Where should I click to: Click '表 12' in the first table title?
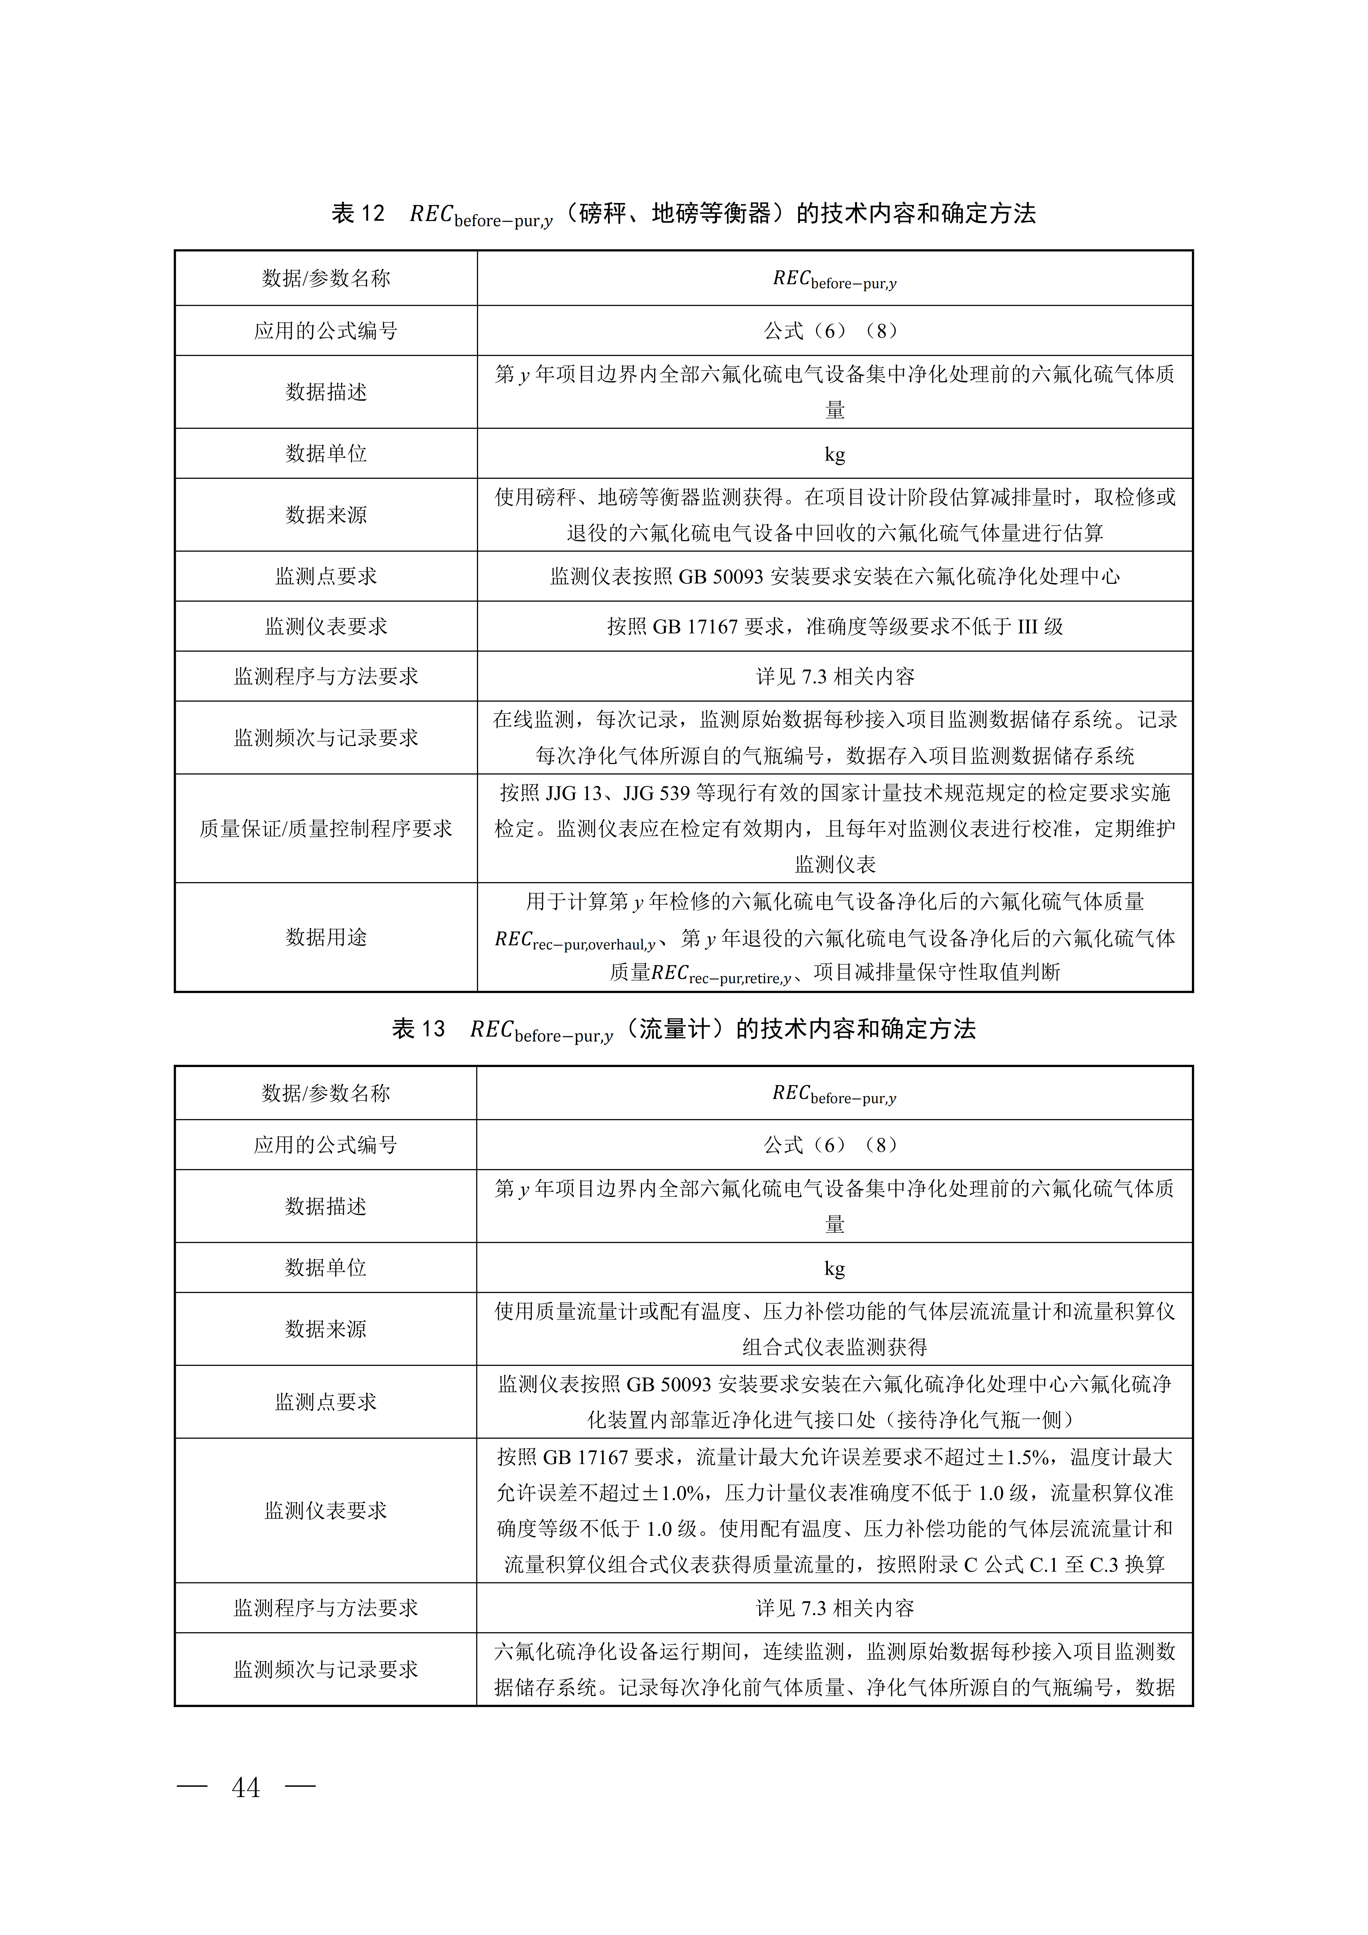pyautogui.click(x=358, y=213)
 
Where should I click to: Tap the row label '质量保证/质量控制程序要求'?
pyautogui.click(x=326, y=828)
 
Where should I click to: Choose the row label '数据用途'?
pyautogui.click(x=326, y=937)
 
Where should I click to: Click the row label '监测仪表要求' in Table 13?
pyautogui.click(x=326, y=1510)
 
